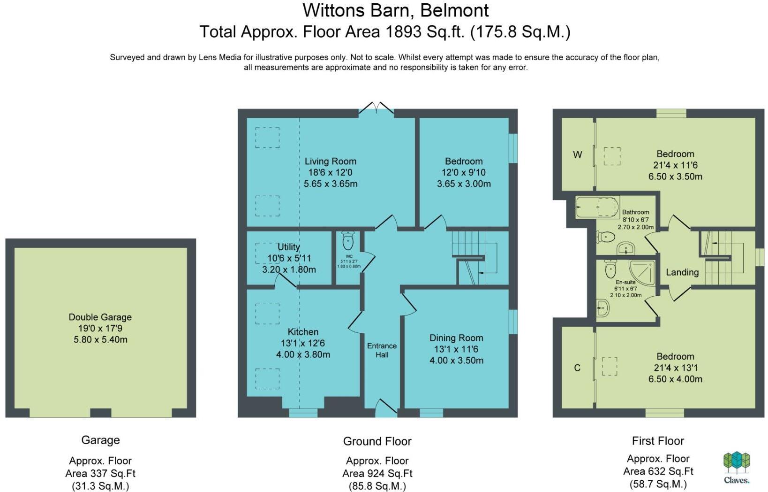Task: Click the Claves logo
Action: [736, 467]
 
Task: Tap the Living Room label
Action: [330, 161]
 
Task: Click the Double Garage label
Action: [100, 317]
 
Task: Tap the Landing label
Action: [682, 272]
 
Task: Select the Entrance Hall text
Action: [382, 350]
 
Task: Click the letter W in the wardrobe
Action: [577, 154]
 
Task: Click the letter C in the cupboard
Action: [577, 368]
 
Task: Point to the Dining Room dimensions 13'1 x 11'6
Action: [456, 349]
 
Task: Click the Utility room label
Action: [288, 247]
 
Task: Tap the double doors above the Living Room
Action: [376, 108]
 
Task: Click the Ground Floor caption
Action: [377, 441]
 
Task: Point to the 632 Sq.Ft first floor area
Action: [658, 471]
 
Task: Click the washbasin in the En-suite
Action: [602, 308]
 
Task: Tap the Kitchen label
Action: [303, 332]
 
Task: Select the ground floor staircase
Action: [474, 257]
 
